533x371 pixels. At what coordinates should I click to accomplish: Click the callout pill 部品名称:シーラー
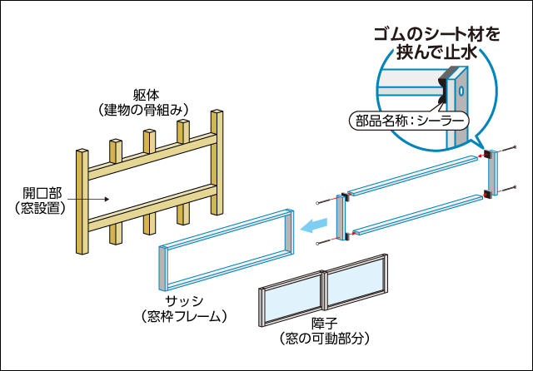pyautogui.click(x=408, y=121)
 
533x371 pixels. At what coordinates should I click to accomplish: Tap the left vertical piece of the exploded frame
pyautogui.click(x=340, y=218)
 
